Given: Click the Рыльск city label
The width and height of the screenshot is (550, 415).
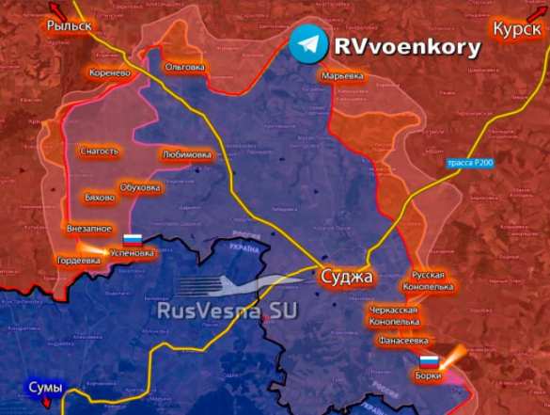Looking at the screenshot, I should point(70,26).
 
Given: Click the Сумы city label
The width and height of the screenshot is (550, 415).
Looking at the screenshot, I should point(43,388).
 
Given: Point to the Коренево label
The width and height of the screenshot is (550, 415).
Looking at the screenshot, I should point(109,72).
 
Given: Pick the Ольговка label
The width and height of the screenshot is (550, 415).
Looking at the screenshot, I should point(184,68).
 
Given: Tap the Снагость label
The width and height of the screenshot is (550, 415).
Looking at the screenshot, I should point(100,151).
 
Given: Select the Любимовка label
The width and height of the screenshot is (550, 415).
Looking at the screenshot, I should point(187,154).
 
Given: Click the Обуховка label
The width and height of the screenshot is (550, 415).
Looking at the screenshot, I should point(141,187).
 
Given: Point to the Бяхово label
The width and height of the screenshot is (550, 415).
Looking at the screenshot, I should point(100,199).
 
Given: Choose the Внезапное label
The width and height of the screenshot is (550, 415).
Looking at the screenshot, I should point(89,228).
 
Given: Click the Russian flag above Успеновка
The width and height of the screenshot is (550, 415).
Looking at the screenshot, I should point(133,239).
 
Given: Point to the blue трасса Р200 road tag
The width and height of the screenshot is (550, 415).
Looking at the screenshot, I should point(468,164).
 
